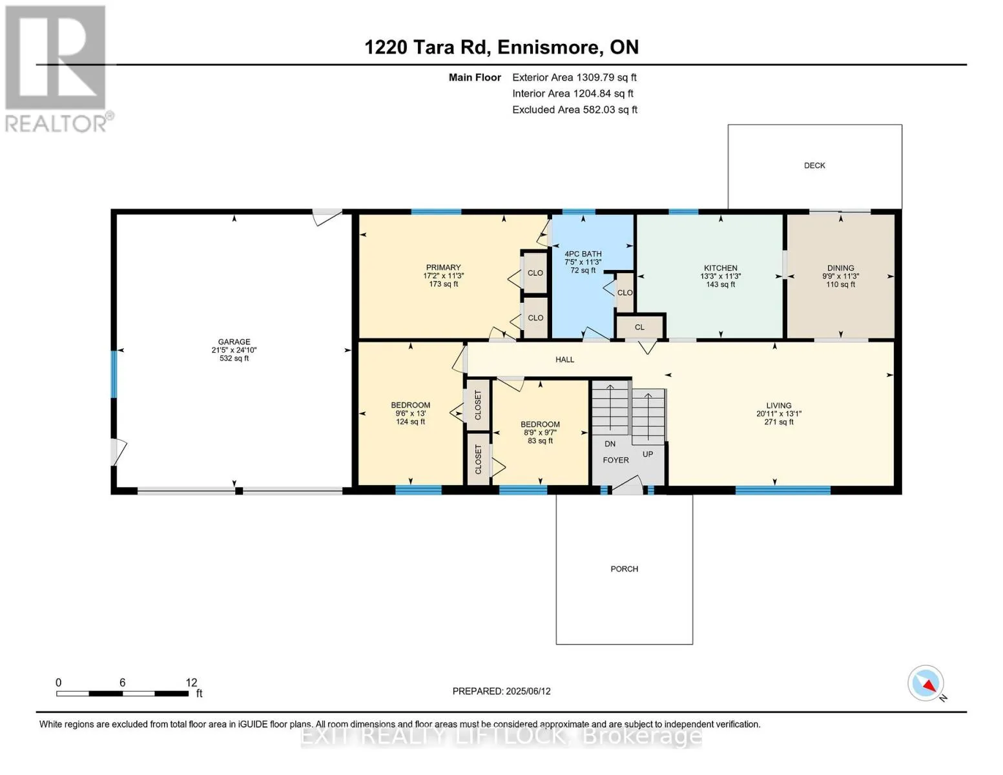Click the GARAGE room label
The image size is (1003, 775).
[234, 342]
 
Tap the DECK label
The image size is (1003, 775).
[814, 165]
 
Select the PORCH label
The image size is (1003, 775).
[624, 569]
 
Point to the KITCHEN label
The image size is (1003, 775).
[720, 268]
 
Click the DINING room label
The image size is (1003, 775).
[840, 268]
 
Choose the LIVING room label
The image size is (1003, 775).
[779, 406]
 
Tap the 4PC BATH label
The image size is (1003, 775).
[583, 254]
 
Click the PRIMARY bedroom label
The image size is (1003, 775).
[443, 267]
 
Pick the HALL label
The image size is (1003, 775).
[564, 360]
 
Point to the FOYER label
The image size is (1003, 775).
[615, 460]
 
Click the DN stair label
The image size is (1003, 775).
[610, 444]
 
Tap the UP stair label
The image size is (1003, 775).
[648, 454]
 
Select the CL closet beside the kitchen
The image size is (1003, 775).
[639, 327]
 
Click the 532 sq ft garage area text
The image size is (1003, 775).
[234, 358]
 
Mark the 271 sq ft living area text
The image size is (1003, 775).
[779, 422]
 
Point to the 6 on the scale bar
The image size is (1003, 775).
[122, 682]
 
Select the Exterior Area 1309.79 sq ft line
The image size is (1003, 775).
[574, 77]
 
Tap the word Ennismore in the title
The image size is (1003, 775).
[550, 47]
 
